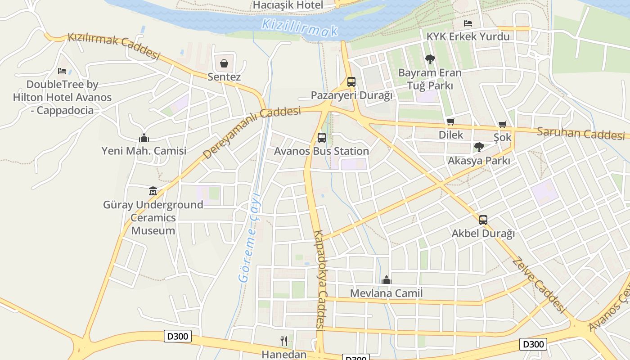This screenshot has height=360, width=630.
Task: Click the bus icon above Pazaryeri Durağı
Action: pyautogui.click(x=351, y=82)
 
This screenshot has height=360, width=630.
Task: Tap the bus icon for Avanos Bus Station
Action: pyautogui.click(x=321, y=138)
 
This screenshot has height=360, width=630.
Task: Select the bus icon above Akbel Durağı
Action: pyautogui.click(x=483, y=220)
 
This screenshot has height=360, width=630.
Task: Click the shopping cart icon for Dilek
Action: pyautogui.click(x=450, y=121)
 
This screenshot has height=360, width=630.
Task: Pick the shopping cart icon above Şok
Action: pyautogui.click(x=502, y=124)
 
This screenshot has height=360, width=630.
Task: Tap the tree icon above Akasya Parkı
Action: pyautogui.click(x=479, y=147)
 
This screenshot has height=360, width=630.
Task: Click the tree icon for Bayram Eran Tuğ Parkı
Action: pyautogui.click(x=429, y=59)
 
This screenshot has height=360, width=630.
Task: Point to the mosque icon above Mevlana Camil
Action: pyautogui.click(x=386, y=280)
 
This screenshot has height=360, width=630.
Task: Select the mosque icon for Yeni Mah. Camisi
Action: pyautogui.click(x=144, y=138)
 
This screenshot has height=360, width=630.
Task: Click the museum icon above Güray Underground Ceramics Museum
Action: pyautogui.click(x=153, y=191)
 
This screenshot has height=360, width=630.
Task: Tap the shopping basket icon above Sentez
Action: pyautogui.click(x=224, y=63)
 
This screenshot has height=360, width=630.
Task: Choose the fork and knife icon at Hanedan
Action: pyautogui.click(x=284, y=341)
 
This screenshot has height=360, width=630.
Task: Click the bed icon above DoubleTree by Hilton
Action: pyautogui.click(x=62, y=71)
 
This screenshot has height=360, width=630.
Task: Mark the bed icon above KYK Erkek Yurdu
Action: pyautogui.click(x=468, y=23)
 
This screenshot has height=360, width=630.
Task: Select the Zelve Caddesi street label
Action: pyautogui.click(x=538, y=285)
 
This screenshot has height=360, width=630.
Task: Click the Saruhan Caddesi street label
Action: pyautogui.click(x=580, y=133)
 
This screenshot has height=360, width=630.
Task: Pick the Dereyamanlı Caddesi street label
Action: pyautogui.click(x=252, y=133)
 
